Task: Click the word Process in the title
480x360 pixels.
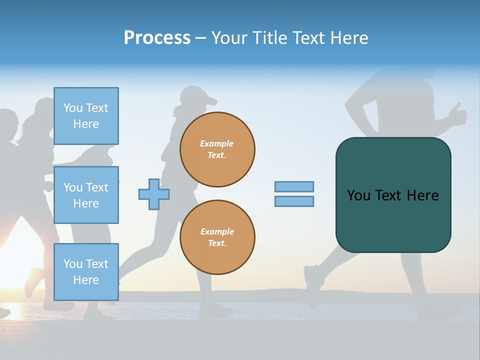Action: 157,38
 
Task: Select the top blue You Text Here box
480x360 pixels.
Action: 86,116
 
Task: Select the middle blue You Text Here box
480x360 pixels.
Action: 86,195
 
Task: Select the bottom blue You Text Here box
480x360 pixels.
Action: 86,271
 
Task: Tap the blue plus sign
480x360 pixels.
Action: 154,194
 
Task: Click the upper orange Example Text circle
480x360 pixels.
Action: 217,149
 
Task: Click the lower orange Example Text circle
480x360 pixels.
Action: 217,237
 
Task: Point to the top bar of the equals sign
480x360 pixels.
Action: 294,186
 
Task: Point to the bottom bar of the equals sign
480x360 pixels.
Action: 294,201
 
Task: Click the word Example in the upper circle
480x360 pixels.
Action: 217,143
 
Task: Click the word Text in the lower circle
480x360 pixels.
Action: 217,243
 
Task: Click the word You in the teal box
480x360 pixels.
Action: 358,195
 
